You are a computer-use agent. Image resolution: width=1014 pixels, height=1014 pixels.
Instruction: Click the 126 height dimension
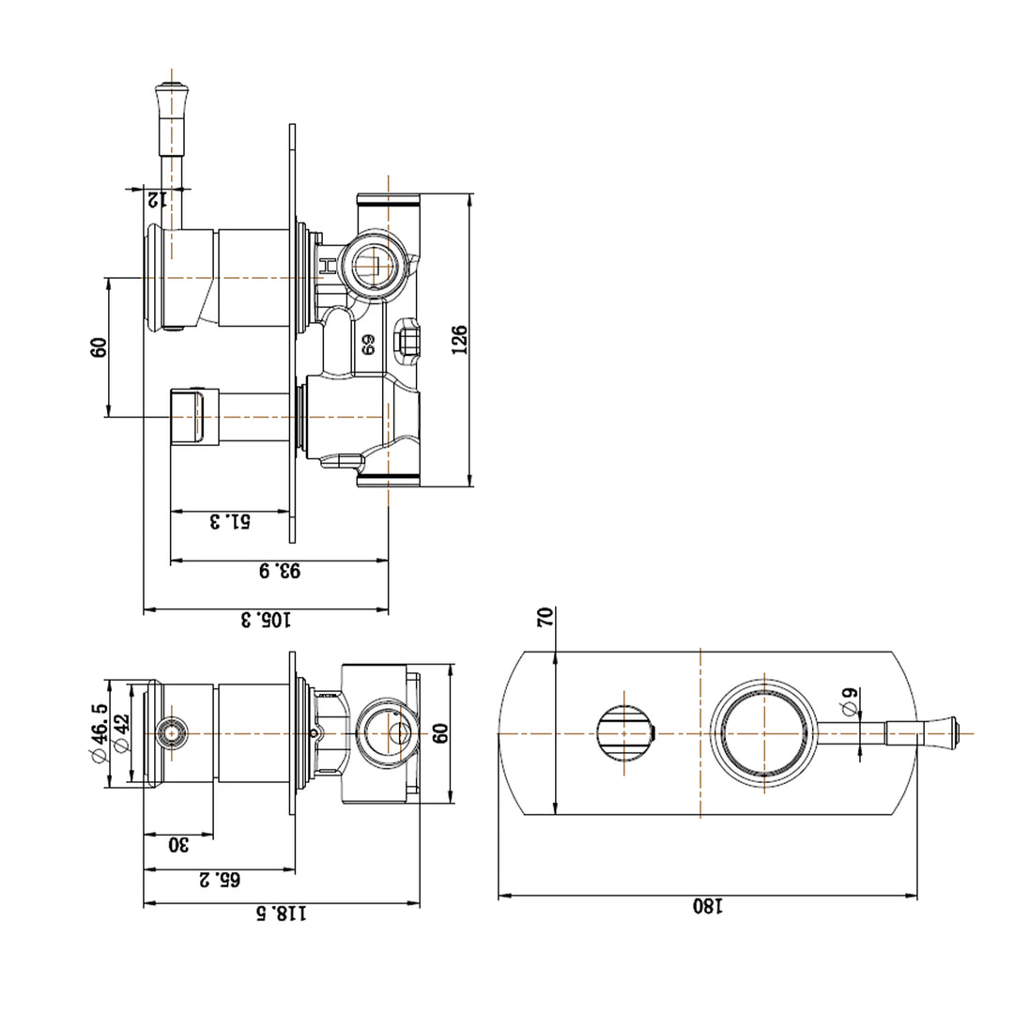pos(459,340)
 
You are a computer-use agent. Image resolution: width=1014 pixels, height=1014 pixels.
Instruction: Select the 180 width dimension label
pos(708,906)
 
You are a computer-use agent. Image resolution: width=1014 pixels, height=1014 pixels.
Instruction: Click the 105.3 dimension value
pos(267,620)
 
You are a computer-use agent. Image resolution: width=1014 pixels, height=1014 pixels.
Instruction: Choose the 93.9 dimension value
pos(280,570)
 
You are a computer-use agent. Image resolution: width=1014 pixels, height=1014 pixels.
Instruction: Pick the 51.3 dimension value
pos(229,521)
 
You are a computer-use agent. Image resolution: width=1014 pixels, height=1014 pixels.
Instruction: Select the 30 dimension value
pos(178,844)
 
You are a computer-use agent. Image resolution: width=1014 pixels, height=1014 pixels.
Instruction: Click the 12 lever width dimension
pos(156,198)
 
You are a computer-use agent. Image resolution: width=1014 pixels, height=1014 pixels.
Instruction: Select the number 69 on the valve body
pos(368,345)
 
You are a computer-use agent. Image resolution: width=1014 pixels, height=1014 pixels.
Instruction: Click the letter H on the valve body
pos(327,268)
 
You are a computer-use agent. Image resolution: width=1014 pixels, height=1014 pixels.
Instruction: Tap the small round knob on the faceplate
pos(624,732)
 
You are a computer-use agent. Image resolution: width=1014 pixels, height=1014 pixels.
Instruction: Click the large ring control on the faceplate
pos(764,732)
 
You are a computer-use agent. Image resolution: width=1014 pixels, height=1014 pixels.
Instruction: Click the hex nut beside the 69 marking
pos(408,339)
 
